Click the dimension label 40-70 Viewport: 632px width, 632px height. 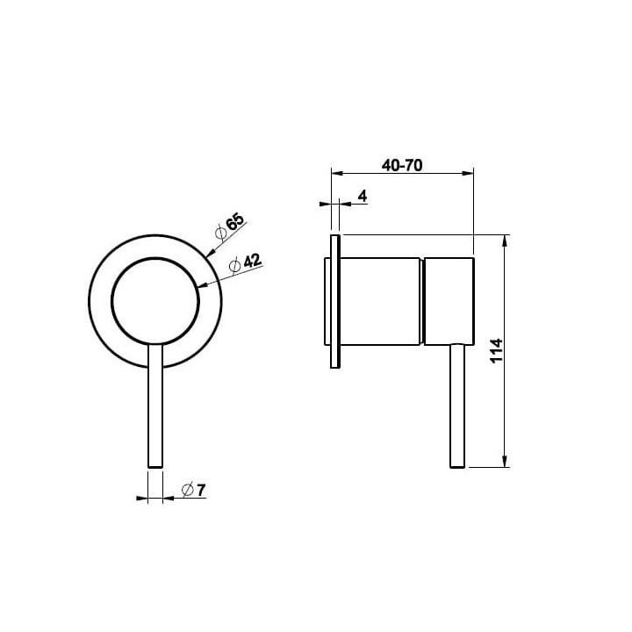click(x=402, y=165)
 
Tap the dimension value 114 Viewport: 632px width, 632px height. click(x=497, y=350)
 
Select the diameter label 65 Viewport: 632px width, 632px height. click(x=235, y=222)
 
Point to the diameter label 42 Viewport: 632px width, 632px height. click(x=252, y=261)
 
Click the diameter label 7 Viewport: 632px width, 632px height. click(x=201, y=491)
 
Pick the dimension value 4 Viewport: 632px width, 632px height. click(x=363, y=197)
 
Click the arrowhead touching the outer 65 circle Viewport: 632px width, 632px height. click(x=210, y=252)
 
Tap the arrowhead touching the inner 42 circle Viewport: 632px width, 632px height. click(x=203, y=285)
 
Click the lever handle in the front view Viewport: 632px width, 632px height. click(x=155, y=406)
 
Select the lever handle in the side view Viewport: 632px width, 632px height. click(x=457, y=406)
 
